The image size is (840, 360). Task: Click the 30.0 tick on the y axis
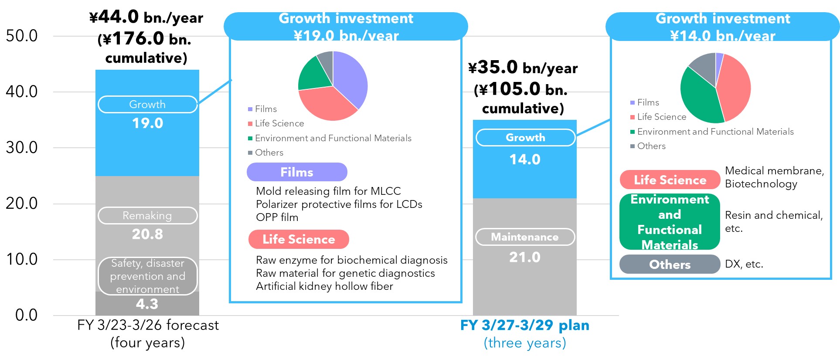22,148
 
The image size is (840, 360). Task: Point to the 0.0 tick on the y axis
26,315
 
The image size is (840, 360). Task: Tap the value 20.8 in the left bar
147,234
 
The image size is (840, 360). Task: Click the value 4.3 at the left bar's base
147,304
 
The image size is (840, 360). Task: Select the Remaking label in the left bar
147,216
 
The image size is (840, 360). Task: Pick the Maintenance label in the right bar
525,237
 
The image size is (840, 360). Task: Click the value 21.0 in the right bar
525,257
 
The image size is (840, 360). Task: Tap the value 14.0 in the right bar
525,160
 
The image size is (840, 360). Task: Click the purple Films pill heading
297,172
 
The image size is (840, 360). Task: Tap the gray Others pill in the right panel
670,265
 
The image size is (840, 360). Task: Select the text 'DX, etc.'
744,264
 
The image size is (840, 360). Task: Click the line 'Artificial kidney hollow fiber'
324,286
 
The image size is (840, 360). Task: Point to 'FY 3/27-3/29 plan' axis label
524,326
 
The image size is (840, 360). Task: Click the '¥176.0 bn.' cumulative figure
144,39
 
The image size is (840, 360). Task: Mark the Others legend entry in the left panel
266,153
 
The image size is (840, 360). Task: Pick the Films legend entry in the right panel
645,102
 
